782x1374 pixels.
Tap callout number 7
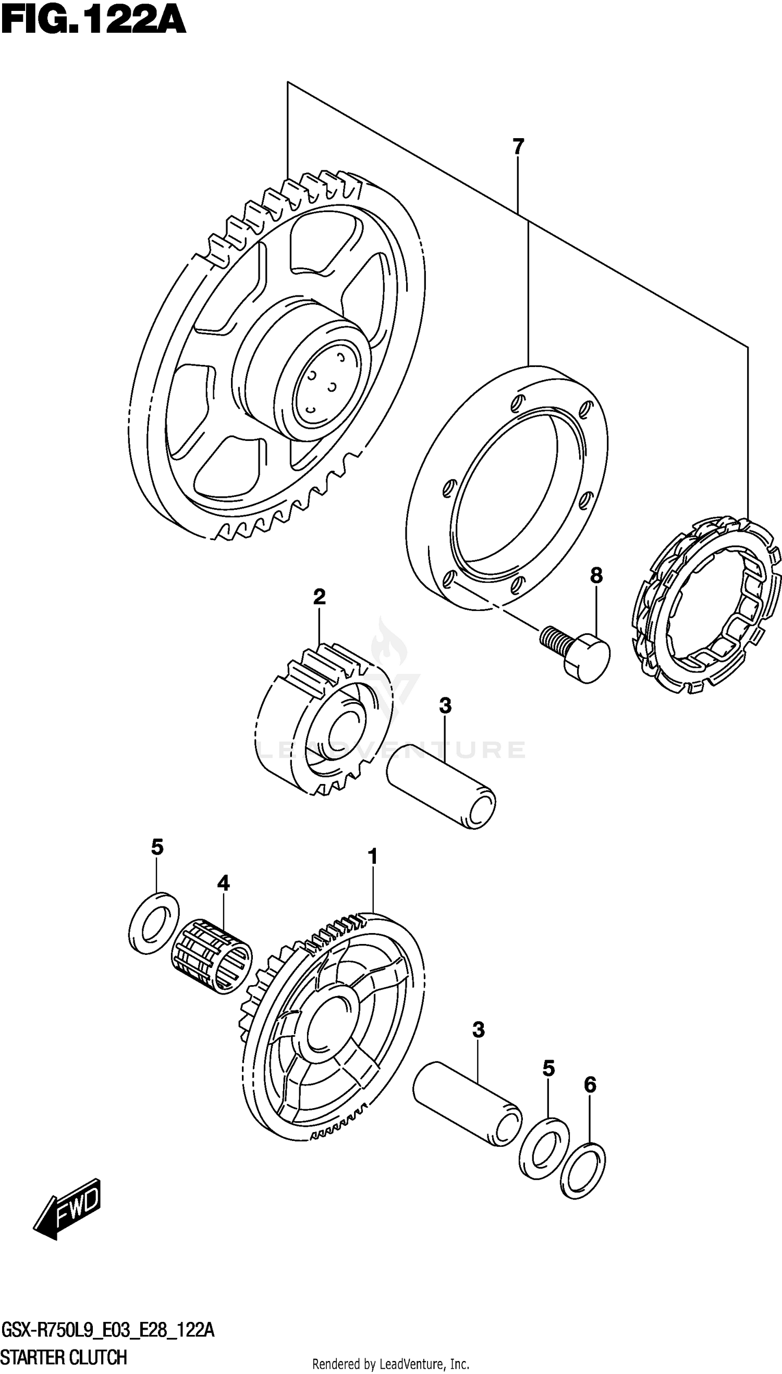click(x=518, y=146)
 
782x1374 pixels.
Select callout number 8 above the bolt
click(x=596, y=575)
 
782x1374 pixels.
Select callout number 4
click(x=224, y=882)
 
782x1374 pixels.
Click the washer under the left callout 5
click(x=155, y=923)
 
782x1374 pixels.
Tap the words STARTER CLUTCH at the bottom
click(x=65, y=1357)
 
